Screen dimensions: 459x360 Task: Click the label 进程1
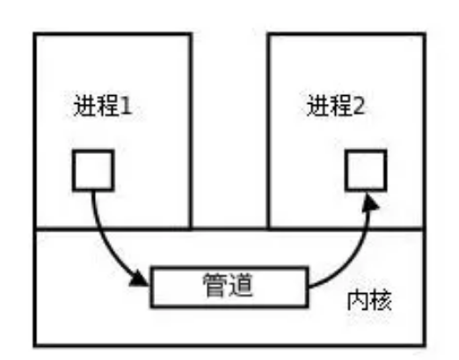coord(103,106)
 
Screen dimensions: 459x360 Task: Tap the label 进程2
coord(336,106)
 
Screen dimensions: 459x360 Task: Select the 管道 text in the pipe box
coord(228,285)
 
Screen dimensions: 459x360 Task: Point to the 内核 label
coord(369,300)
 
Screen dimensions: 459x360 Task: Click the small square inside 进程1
coord(93,171)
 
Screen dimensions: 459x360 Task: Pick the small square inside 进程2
coord(366,171)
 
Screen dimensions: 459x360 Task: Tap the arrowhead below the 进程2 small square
coord(370,202)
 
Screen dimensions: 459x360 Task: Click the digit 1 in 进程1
coord(126,106)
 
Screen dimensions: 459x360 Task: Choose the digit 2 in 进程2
coord(359,106)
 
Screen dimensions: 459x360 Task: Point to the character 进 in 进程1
coord(84,106)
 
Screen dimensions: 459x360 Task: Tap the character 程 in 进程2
coord(340,106)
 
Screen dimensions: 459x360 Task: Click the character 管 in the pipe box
coord(215,285)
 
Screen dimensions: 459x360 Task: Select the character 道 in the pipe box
coord(240,285)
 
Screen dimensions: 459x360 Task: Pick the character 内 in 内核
coord(358,300)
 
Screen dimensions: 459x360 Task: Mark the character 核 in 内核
coord(381,300)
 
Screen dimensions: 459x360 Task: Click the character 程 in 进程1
coord(107,106)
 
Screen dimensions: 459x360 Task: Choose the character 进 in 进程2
coord(317,106)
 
